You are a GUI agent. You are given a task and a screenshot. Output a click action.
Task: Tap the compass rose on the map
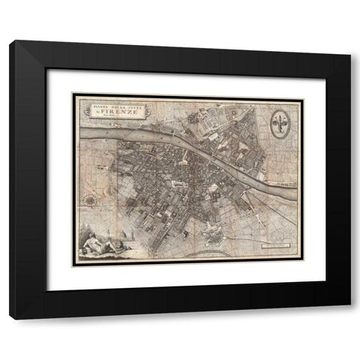(89, 199)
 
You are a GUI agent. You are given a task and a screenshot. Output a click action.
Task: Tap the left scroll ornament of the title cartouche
(81, 110)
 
